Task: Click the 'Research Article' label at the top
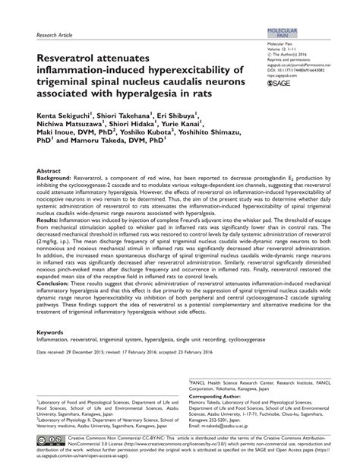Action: click(54, 35)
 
